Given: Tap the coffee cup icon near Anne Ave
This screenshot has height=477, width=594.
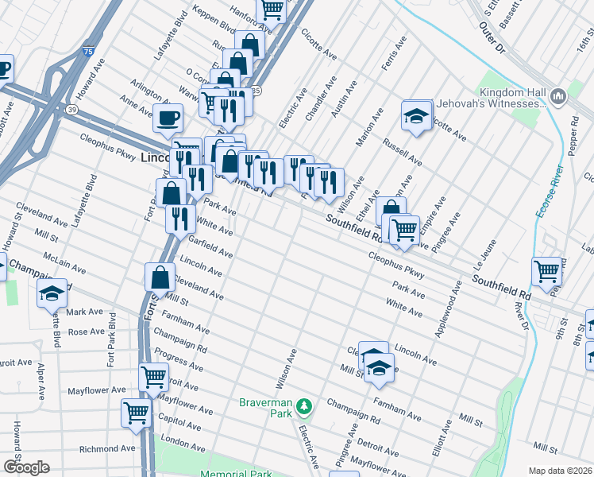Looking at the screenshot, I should click(x=168, y=118).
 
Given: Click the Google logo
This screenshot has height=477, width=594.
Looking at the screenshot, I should click(x=26, y=467).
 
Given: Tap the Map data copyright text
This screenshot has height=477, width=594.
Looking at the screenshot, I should click(x=560, y=471).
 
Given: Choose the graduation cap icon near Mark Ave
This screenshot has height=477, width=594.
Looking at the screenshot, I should click(x=52, y=293).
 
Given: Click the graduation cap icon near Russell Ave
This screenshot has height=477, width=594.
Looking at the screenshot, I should click(x=415, y=116).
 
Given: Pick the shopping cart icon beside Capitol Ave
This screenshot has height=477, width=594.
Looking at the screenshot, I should click(x=136, y=413).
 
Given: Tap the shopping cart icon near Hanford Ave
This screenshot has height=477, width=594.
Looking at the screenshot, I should click(x=271, y=9).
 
